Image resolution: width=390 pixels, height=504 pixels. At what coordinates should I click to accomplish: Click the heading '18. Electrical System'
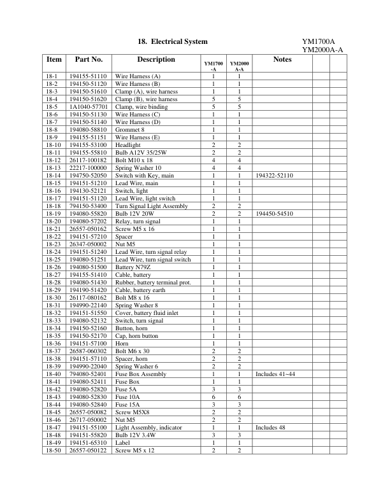pyautogui.click(x=173, y=41)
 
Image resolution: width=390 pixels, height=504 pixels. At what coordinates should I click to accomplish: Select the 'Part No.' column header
pyautogui.click(x=89, y=60)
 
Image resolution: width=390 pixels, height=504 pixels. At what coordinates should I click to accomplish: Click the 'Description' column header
pyautogui.click(x=155, y=60)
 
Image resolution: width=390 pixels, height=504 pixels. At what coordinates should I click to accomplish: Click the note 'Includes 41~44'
pyautogui.click(x=275, y=374)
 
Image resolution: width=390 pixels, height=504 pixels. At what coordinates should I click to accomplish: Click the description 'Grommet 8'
pyautogui.click(x=130, y=130)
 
